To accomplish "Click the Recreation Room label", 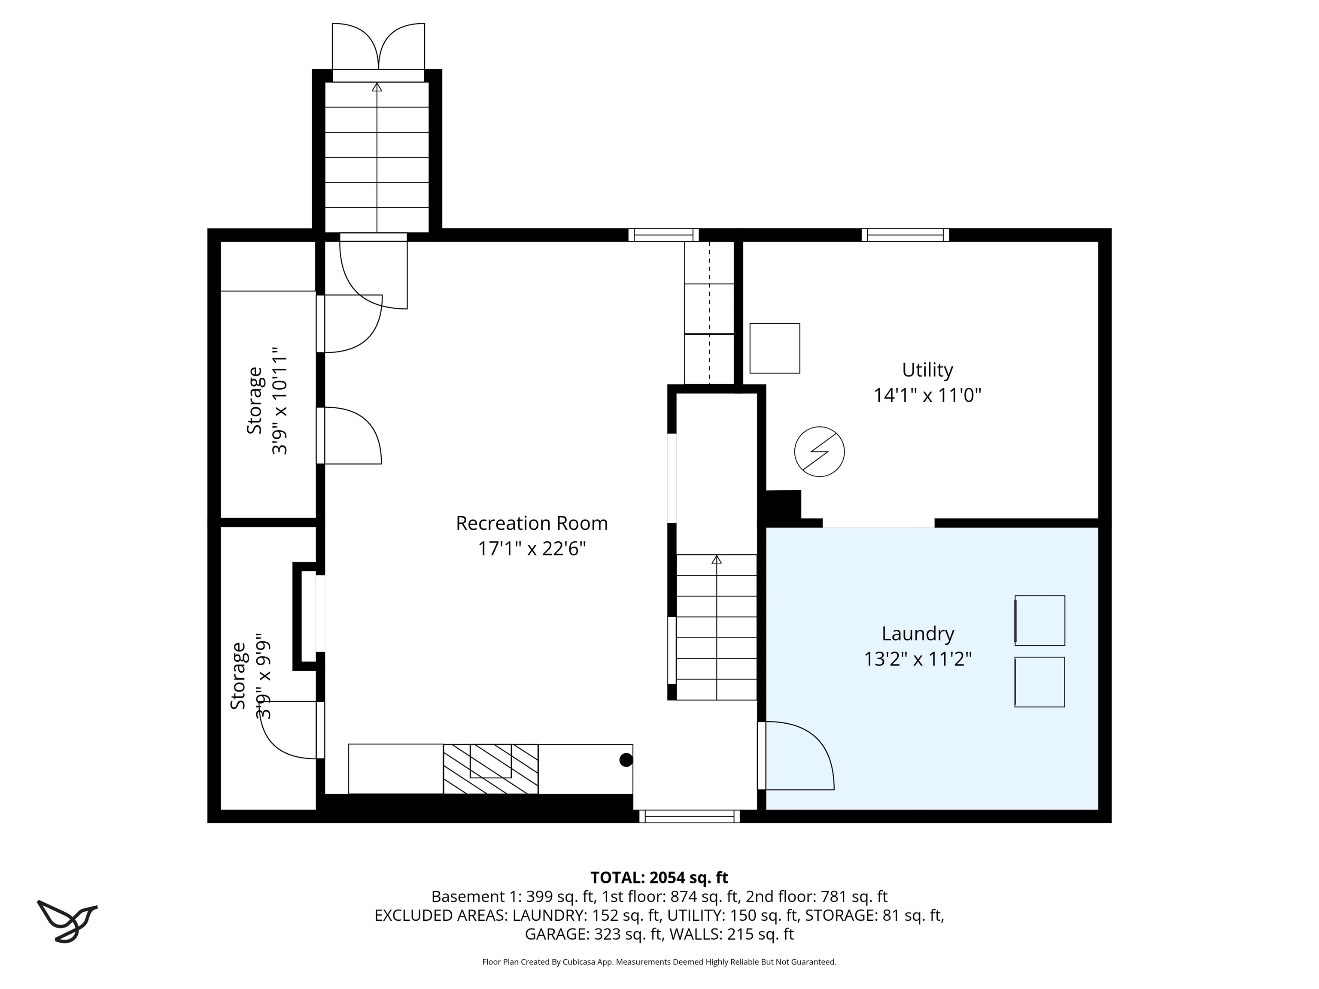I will coord(531,523).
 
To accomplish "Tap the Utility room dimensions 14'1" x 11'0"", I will coord(927,395).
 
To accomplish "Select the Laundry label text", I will coord(918,633).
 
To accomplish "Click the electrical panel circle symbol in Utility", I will coord(819,451).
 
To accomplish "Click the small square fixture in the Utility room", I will coord(774,348).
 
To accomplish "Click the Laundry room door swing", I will coord(799,755).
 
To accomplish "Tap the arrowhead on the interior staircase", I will coord(716,560).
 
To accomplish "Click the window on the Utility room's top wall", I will coord(905,235).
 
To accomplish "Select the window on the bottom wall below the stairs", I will coord(689,816).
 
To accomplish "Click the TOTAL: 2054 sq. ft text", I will coord(659,877).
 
